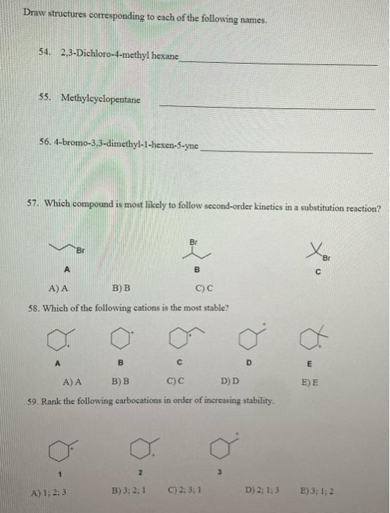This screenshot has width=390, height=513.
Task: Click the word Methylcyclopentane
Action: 101,98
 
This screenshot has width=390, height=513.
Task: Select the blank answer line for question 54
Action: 278,63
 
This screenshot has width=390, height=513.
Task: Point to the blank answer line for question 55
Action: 266,108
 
